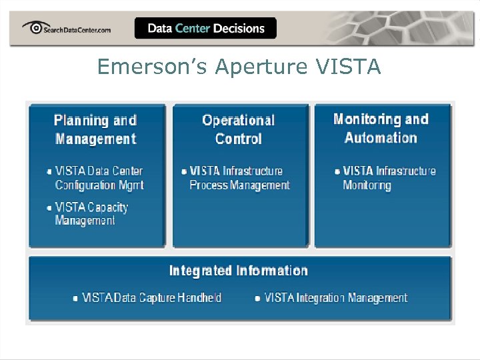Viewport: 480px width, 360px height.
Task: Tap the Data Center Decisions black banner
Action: click(x=205, y=28)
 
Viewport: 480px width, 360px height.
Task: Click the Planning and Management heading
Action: click(x=95, y=129)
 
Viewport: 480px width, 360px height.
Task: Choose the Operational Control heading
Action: click(x=238, y=129)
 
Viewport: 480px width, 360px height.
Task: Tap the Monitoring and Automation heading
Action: click(x=381, y=128)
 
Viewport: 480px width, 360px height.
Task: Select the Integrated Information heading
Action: click(x=238, y=271)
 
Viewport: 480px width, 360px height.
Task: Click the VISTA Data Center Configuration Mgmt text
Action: click(x=99, y=178)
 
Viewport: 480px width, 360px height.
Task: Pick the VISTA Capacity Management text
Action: click(x=91, y=213)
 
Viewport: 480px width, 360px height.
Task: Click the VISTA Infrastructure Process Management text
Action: click(x=239, y=178)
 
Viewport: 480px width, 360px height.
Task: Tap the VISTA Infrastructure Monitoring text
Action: click(x=389, y=178)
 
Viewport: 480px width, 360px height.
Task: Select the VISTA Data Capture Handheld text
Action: click(x=151, y=298)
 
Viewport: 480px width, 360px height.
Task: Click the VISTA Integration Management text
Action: click(x=335, y=298)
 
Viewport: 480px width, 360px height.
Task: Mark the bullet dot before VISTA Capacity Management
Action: click(x=49, y=207)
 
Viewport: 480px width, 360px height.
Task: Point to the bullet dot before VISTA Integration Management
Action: click(x=258, y=299)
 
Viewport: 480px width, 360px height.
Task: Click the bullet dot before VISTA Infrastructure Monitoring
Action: click(x=337, y=171)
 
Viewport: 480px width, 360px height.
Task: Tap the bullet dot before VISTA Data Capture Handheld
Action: click(x=75, y=299)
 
